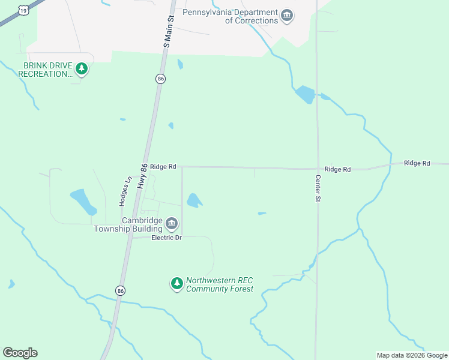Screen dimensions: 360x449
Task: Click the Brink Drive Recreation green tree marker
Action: pyautogui.click(x=82, y=69)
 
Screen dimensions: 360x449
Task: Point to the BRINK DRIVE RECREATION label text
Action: pyautogui.click(x=44, y=70)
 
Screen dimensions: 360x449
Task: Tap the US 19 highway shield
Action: pyautogui.click(x=23, y=10)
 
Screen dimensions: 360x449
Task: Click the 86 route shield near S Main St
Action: pyautogui.click(x=160, y=79)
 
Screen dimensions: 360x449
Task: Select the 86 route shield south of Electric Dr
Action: pyautogui.click(x=121, y=290)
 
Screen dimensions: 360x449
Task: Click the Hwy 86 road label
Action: pyautogui.click(x=142, y=178)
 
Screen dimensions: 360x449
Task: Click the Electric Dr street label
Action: pyautogui.click(x=166, y=238)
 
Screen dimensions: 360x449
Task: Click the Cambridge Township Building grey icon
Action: pyautogui.click(x=172, y=224)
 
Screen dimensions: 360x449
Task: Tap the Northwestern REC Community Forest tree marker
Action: pyautogui.click(x=176, y=283)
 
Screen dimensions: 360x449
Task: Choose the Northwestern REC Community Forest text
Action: pyautogui.click(x=220, y=284)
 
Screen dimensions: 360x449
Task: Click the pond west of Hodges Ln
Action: pyautogui.click(x=83, y=201)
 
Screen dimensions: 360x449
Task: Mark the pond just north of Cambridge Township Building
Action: pyautogui.click(x=193, y=200)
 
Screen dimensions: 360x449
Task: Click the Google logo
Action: pyautogui.click(x=20, y=353)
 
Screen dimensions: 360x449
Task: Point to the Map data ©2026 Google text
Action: pyautogui.click(x=412, y=355)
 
